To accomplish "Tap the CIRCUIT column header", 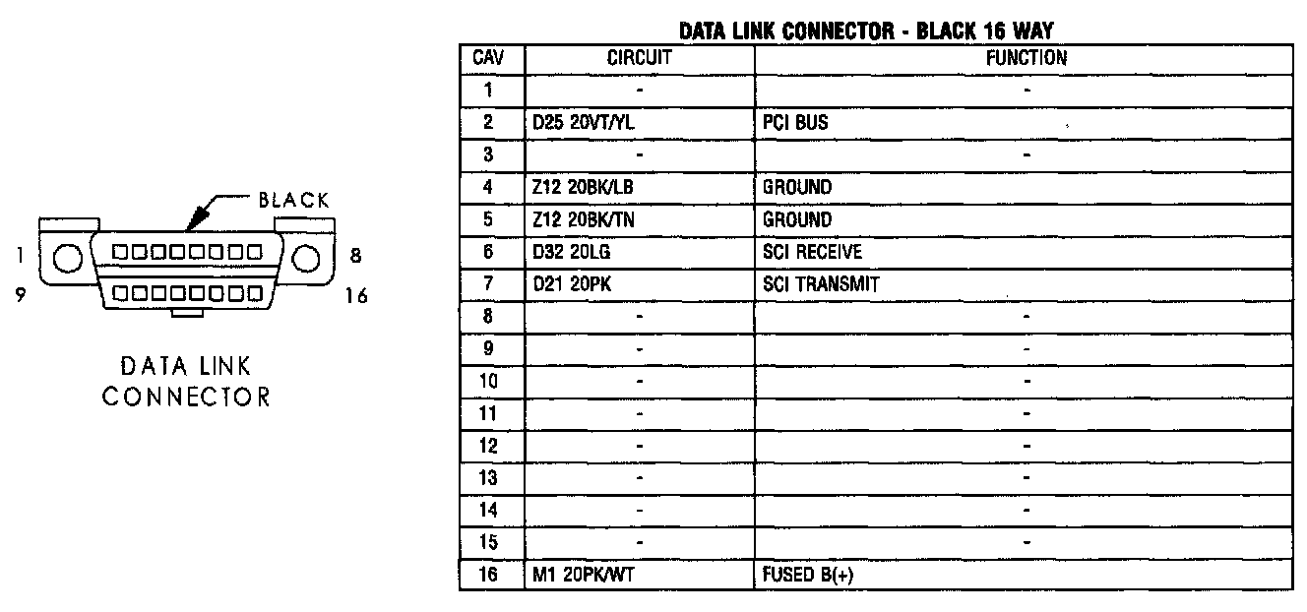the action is click(640, 58).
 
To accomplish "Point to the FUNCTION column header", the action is click(1027, 58).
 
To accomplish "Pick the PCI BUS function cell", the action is click(795, 124).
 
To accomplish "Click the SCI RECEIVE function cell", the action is click(812, 253).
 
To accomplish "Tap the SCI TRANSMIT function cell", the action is click(821, 284).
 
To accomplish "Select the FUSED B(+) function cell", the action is click(808, 575).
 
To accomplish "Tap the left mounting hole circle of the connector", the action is click(66, 258).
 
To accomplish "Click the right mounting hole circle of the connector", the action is click(307, 258).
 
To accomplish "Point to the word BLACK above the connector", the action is click(292, 201).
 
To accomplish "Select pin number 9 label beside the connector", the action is click(21, 294).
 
